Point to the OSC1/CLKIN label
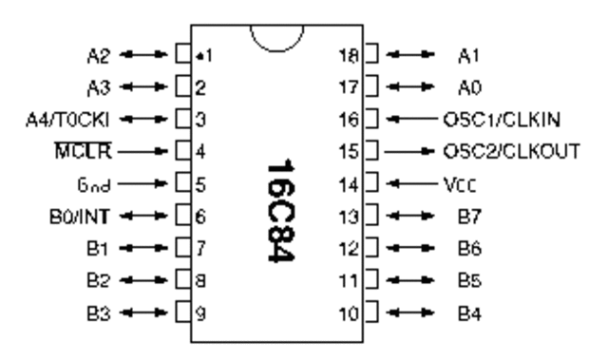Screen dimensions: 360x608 499,118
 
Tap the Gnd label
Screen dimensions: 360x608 99,181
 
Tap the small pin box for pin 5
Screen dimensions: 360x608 184,181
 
